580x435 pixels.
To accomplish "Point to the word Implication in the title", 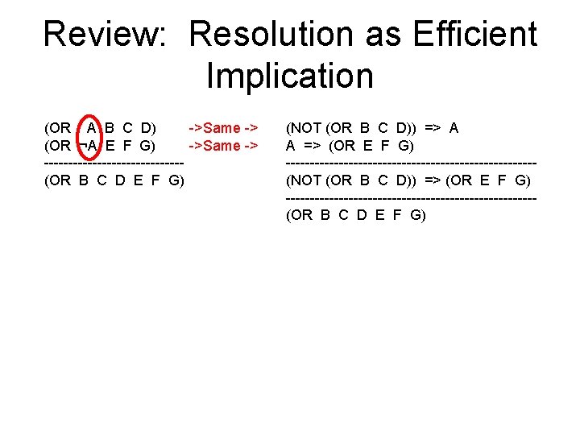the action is (290, 77).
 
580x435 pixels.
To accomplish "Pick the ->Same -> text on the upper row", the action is (223, 128).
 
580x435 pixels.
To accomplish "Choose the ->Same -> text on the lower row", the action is (223, 146).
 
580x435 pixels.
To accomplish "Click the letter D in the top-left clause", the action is (147, 128).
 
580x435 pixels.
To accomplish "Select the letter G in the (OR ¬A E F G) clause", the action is (147, 146).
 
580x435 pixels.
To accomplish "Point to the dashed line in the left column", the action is (114, 164).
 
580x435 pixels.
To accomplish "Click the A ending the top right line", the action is (454, 128).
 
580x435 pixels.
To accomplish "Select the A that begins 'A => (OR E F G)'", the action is (290, 146).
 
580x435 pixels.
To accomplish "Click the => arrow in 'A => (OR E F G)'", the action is (313, 146).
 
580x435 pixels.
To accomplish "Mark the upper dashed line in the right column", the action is (411, 164).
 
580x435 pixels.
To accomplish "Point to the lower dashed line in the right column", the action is (411, 198).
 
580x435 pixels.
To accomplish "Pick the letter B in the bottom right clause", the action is (325, 215).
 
